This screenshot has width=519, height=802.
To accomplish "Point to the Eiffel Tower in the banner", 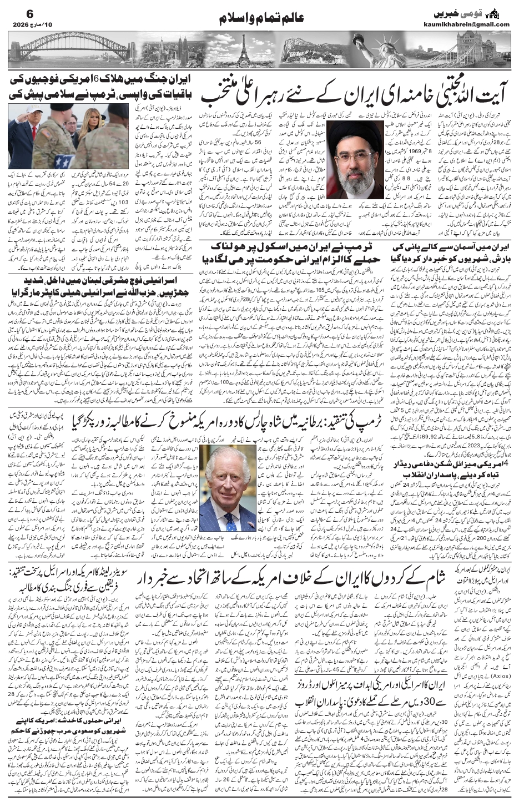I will [243, 51].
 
